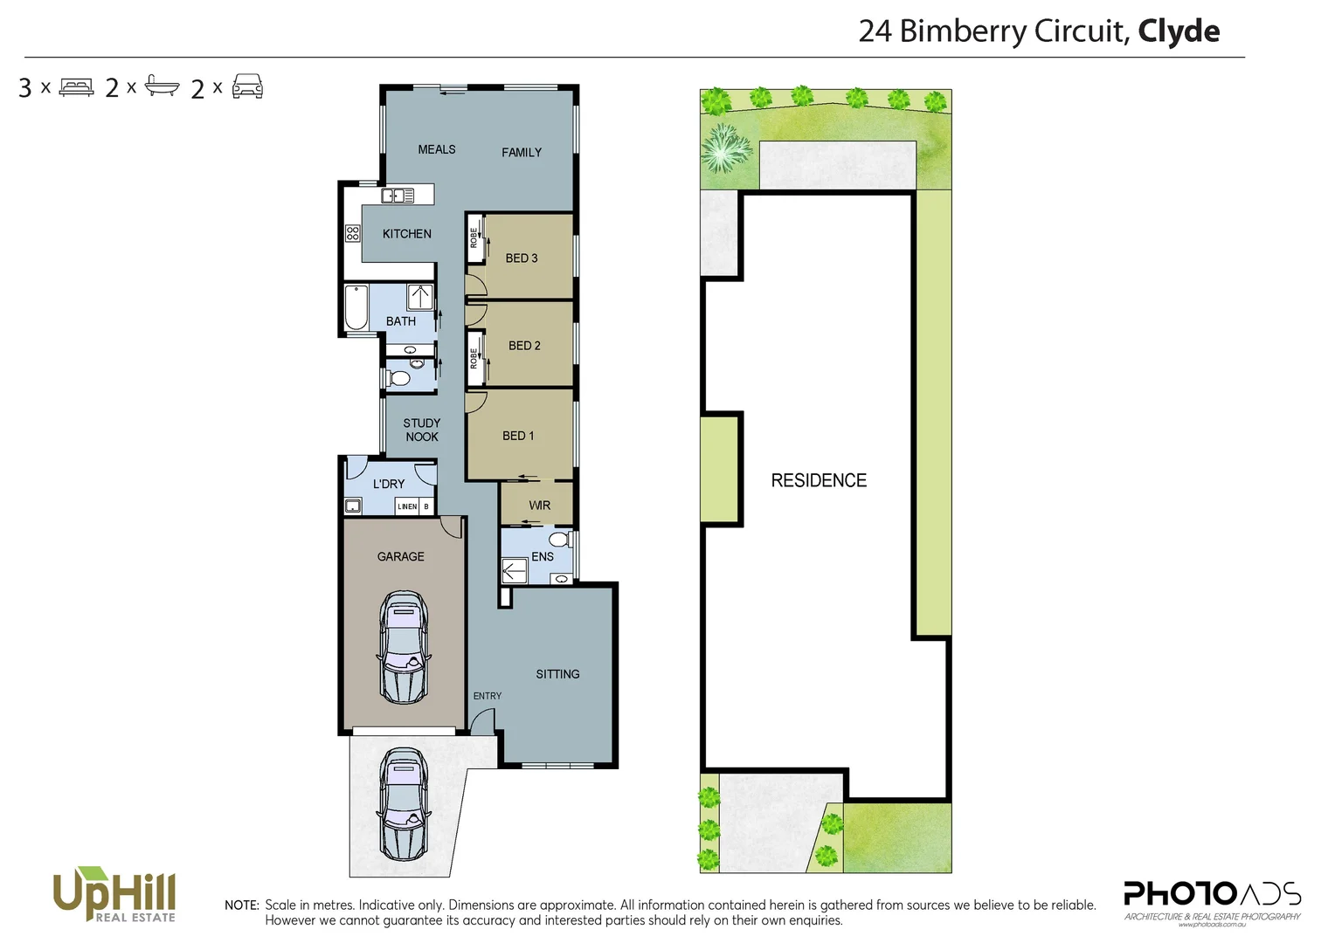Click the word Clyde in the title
pyautogui.click(x=1178, y=31)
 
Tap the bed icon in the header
pyautogui.click(x=76, y=87)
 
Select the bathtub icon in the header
pyautogui.click(x=162, y=86)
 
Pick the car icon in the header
pyautogui.click(x=247, y=86)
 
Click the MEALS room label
pyautogui.click(x=436, y=149)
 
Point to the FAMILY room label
pyautogui.click(x=521, y=152)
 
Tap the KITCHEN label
pyautogui.click(x=406, y=234)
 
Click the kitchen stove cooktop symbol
pyautogui.click(x=353, y=233)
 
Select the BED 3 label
pyautogui.click(x=521, y=258)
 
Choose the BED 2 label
pyautogui.click(x=524, y=346)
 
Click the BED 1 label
pyautogui.click(x=517, y=436)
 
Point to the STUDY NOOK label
pyautogui.click(x=421, y=430)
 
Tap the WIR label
pyautogui.click(x=539, y=506)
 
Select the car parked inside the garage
pyautogui.click(x=403, y=648)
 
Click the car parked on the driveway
pyautogui.click(x=403, y=803)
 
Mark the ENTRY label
pyautogui.click(x=487, y=696)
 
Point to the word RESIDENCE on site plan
pyautogui.click(x=818, y=480)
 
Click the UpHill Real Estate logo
pyautogui.click(x=114, y=894)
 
